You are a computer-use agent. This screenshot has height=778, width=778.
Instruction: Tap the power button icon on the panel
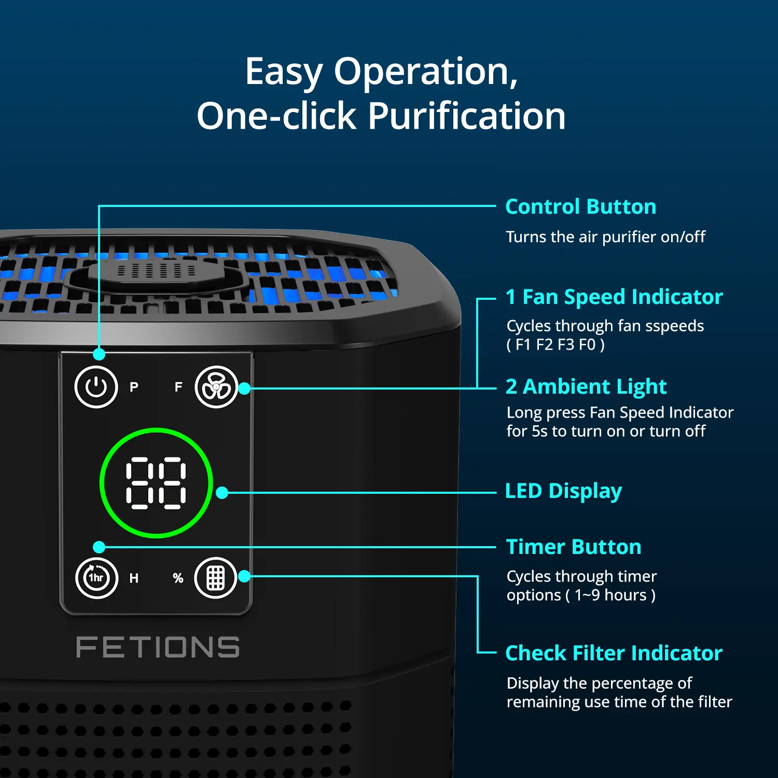tap(96, 387)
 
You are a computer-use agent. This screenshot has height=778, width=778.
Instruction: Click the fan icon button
tap(216, 387)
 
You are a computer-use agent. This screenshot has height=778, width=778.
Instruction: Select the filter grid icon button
tap(216, 578)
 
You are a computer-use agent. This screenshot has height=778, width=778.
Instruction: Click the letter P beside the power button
tap(134, 387)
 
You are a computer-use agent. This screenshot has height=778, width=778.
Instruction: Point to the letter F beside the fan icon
tap(178, 387)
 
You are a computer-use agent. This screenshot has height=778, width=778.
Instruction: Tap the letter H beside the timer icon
tap(134, 578)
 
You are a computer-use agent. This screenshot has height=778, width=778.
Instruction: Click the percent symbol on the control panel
tap(178, 578)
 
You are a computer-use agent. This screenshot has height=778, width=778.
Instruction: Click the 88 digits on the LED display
tap(156, 483)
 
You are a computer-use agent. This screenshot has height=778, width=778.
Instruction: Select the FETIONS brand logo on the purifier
tap(158, 647)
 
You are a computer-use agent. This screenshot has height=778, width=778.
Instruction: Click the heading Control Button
tap(581, 206)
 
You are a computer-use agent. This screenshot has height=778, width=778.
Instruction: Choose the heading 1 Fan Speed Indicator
tap(614, 297)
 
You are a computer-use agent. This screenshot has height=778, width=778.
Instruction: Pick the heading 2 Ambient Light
tap(586, 387)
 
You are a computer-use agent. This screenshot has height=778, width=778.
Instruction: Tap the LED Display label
tap(563, 491)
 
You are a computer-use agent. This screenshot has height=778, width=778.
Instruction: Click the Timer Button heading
tap(574, 547)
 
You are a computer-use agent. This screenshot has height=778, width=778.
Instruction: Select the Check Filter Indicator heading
tap(614, 653)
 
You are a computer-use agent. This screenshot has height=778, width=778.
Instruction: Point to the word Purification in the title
tap(467, 116)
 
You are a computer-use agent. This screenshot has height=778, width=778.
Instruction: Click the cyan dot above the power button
tap(99, 354)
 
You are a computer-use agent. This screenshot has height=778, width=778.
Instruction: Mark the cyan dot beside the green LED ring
tap(222, 493)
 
